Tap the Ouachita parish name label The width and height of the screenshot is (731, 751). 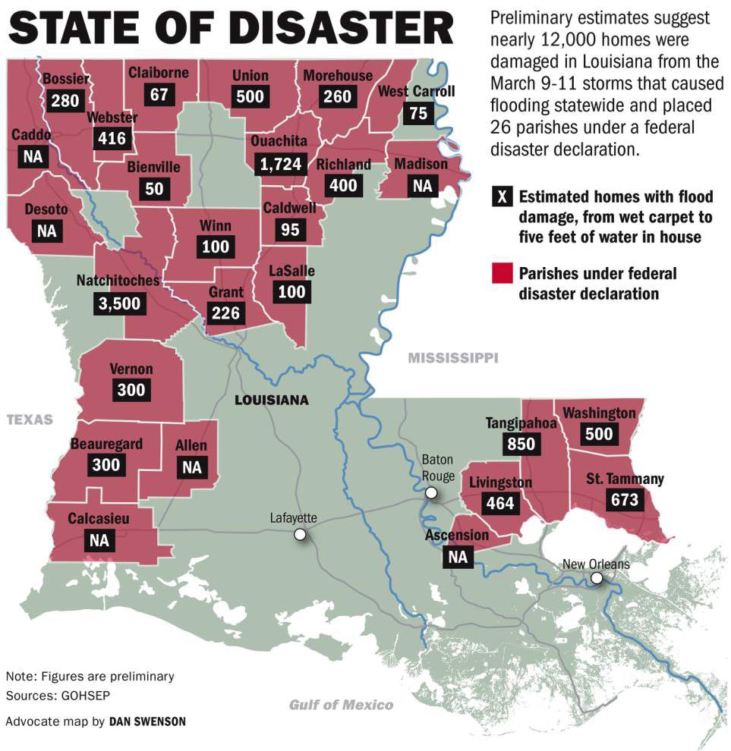click(x=282, y=141)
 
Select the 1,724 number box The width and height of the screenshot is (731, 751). click(x=282, y=163)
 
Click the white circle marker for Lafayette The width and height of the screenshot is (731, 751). click(x=300, y=535)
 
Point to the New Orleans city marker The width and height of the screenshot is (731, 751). click(x=597, y=579)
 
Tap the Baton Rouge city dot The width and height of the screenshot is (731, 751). click(x=431, y=494)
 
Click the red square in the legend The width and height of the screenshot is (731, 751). click(x=502, y=274)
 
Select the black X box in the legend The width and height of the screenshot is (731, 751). click(x=502, y=198)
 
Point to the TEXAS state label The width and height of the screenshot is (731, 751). click(x=30, y=419)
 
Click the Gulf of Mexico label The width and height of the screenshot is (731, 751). click(x=341, y=705)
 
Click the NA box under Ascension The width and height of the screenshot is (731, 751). click(x=458, y=557)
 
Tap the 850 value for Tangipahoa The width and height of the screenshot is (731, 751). click(x=521, y=443)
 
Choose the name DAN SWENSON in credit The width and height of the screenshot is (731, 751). click(x=147, y=721)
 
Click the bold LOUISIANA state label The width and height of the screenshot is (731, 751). click(x=271, y=400)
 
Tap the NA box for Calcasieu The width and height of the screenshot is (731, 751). click(x=99, y=542)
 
